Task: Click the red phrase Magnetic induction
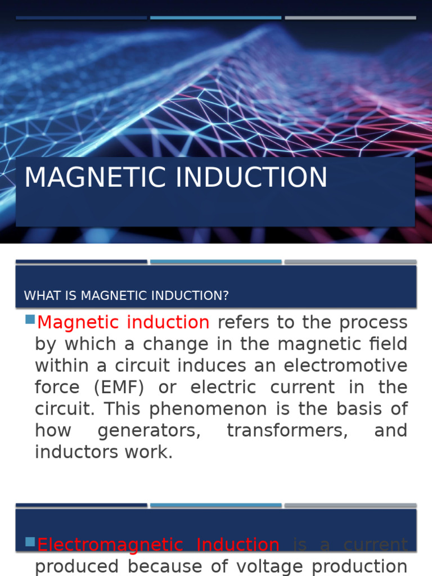tap(123, 322)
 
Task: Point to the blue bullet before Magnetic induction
tap(30, 320)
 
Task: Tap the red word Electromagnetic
tap(110, 544)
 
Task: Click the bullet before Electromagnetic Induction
tap(30, 542)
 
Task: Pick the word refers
tap(244, 322)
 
